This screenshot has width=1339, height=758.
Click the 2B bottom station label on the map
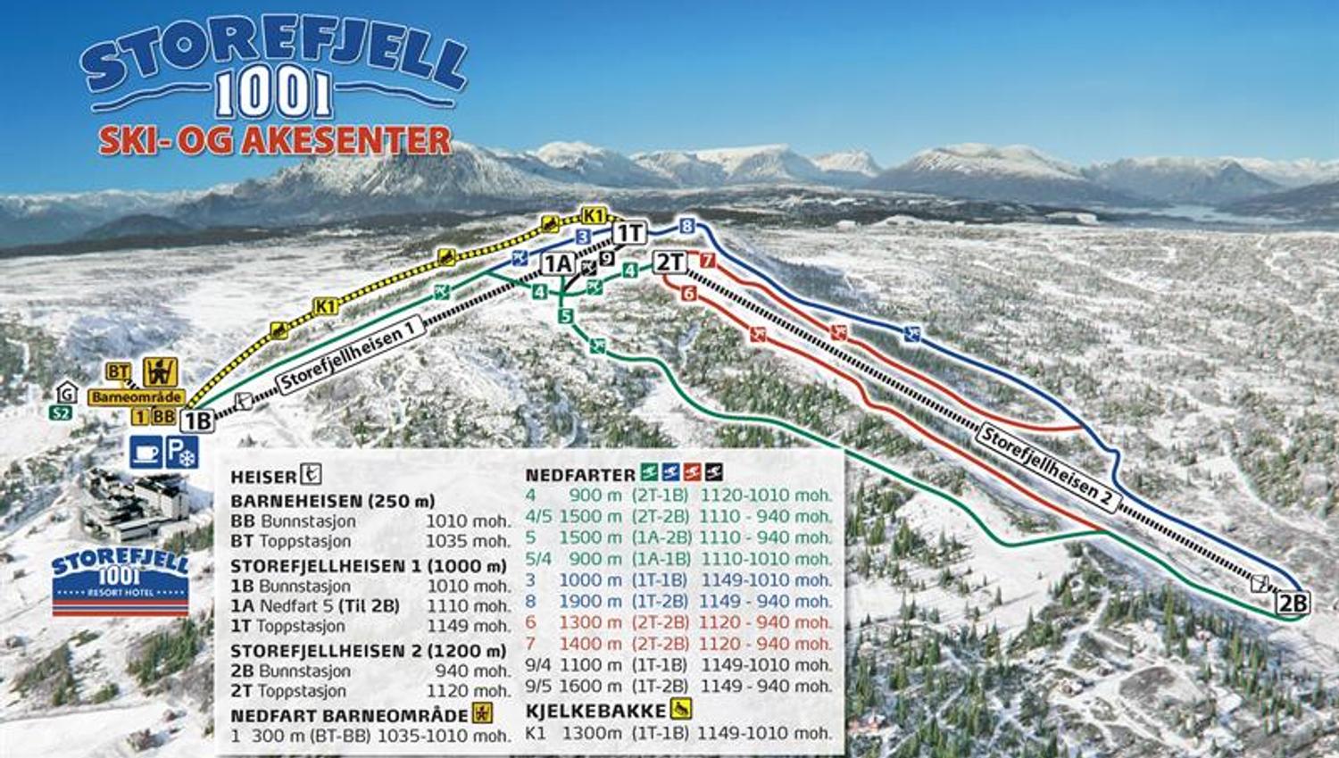pos(1293,604)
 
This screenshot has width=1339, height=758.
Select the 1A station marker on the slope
pos(558,263)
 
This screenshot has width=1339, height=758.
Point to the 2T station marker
pos(669,262)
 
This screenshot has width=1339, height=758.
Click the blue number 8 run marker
pos(686,226)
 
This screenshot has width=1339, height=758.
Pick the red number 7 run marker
pos(708,262)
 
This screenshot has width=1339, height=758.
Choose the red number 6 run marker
pos(688,293)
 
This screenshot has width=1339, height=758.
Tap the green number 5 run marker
pos(565,315)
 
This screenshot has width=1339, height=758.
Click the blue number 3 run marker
pos(583,237)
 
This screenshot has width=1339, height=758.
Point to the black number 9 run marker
pos(607,259)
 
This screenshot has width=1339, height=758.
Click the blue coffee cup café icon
pos(146,453)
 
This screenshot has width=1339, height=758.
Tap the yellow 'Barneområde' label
pos(137,396)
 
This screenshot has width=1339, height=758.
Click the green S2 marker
pos(60,412)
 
